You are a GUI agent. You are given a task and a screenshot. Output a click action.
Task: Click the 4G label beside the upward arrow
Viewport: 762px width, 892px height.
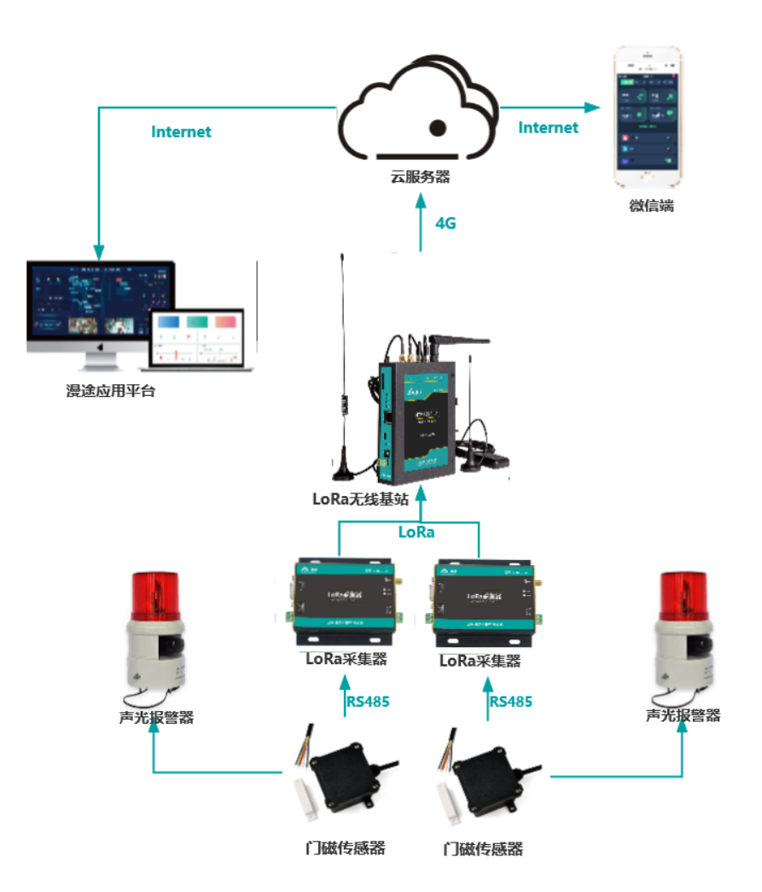[x=445, y=224]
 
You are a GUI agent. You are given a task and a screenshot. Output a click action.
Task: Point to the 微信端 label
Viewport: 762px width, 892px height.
[x=652, y=206]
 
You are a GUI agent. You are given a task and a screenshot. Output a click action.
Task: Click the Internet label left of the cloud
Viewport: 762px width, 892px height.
[x=181, y=132]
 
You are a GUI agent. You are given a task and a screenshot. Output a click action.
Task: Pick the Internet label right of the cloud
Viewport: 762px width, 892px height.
[x=548, y=128]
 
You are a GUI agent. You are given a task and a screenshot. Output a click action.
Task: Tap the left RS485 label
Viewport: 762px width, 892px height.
[x=368, y=703]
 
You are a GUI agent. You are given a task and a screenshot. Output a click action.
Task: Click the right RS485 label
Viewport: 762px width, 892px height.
[x=510, y=702]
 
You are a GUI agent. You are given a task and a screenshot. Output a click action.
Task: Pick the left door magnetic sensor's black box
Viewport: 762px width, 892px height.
[x=345, y=772]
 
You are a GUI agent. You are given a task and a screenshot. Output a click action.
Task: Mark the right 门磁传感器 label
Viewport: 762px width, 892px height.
[x=483, y=849]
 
